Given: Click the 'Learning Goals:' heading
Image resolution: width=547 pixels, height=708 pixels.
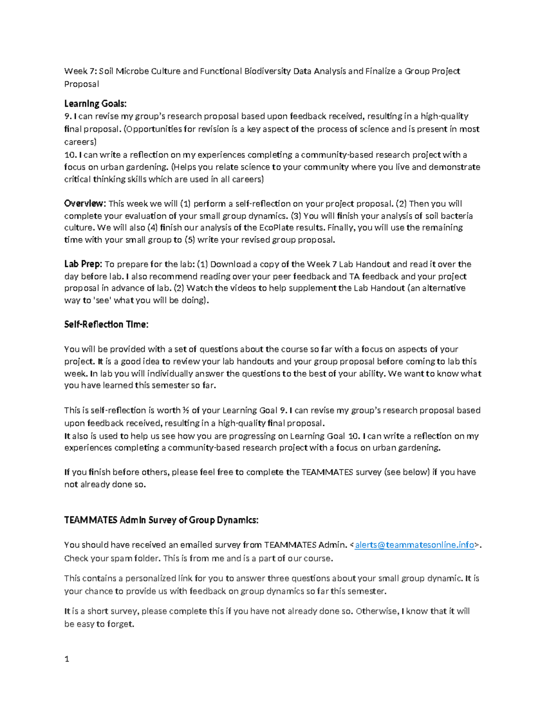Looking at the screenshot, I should [95, 103].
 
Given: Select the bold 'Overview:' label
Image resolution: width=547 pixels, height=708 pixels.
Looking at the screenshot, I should [85, 203].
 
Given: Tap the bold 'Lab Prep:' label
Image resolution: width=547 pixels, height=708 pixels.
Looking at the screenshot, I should [83, 264].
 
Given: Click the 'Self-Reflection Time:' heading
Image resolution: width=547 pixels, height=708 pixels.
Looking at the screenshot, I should [106, 325].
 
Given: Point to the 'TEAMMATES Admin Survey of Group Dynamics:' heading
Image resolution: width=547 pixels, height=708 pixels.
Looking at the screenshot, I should [161, 520].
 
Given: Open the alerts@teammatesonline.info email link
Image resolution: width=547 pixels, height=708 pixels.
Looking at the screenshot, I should [414, 545].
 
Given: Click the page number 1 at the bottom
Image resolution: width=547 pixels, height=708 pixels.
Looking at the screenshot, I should [67, 659].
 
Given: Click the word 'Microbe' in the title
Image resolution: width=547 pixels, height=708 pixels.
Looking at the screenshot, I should [132, 71].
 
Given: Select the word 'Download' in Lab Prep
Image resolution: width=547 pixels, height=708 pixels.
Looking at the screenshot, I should [231, 264].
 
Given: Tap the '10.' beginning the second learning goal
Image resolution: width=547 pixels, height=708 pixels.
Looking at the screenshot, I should [71, 155].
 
